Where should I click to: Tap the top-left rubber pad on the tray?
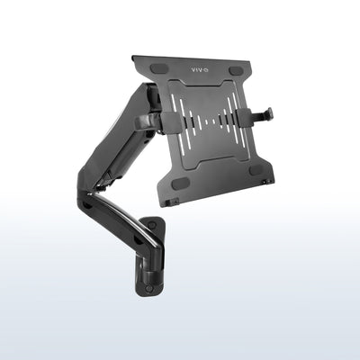pyautogui.click(x=158, y=69)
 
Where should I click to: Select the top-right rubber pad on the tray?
pyautogui.click(x=237, y=70)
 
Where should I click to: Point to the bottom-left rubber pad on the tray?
pyautogui.click(x=180, y=182)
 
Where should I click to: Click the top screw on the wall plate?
pyautogui.click(x=151, y=225)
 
